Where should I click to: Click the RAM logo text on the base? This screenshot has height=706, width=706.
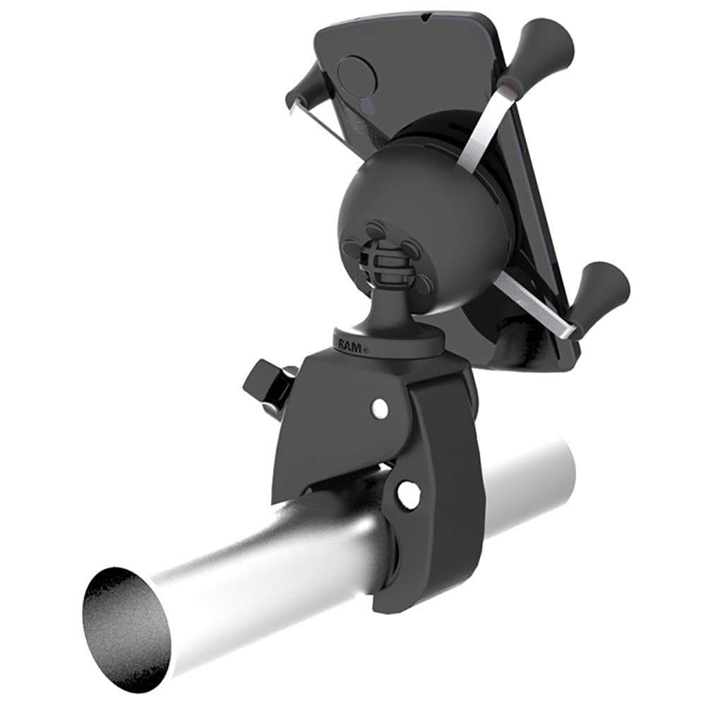(351, 345)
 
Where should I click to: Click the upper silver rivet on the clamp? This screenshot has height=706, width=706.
(379, 407)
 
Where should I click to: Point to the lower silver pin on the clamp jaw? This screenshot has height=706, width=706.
(408, 494)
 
